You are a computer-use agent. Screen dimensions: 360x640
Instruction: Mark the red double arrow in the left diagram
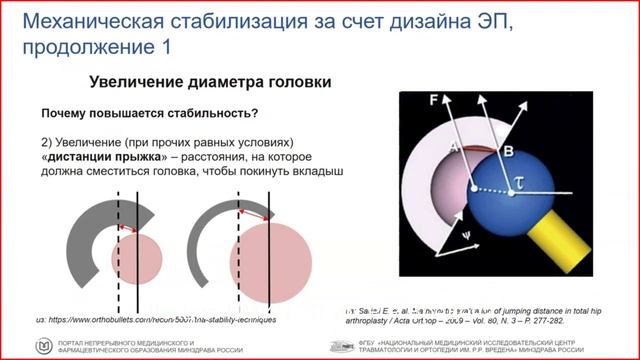point(127,228)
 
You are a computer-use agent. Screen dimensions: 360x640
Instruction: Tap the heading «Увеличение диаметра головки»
point(210,83)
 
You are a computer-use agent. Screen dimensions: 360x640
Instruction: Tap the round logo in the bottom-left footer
point(44,345)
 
